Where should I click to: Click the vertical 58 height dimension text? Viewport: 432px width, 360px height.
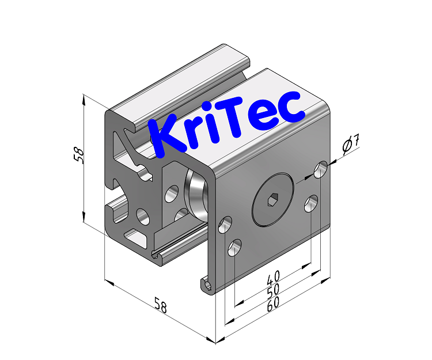point(80,156)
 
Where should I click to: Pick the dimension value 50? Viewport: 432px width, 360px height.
point(273,291)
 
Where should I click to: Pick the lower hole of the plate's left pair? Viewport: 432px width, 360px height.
point(234,248)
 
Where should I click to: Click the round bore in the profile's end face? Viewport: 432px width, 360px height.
point(142,217)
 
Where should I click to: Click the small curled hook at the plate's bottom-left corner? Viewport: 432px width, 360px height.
point(207,284)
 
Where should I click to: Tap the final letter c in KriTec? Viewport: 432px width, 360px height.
point(291,108)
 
